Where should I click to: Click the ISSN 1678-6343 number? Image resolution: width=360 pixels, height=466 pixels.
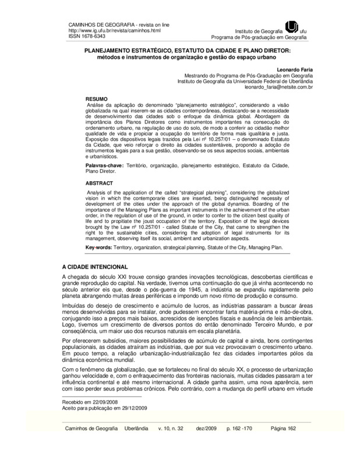point(83,35)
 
